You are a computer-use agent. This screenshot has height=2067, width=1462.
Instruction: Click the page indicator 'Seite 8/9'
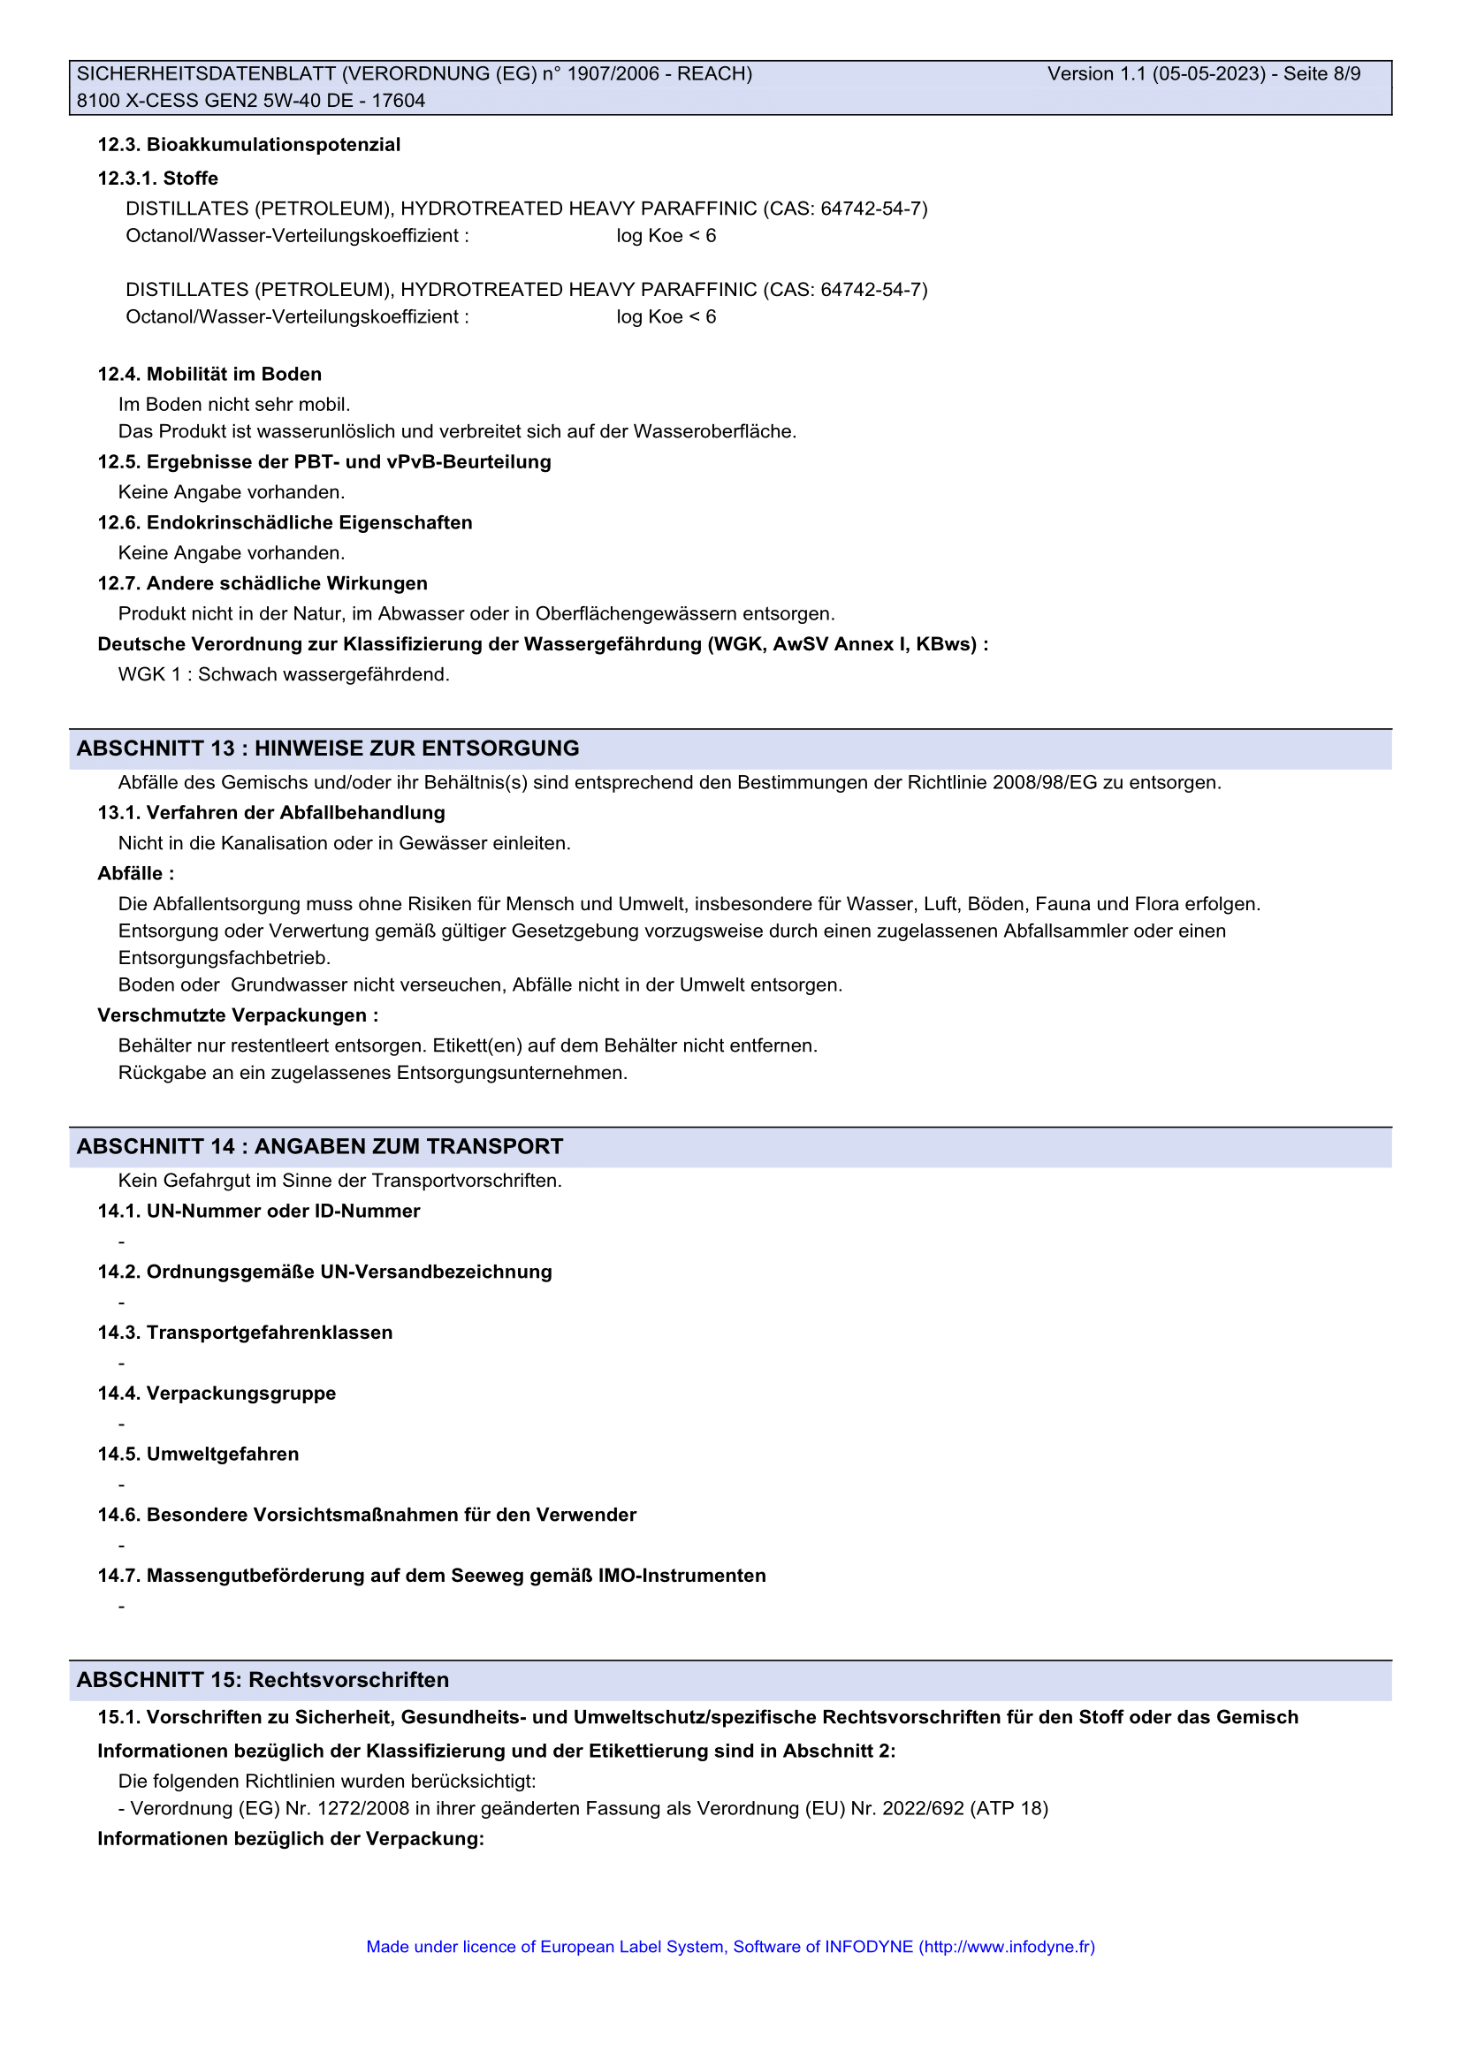(x=1321, y=74)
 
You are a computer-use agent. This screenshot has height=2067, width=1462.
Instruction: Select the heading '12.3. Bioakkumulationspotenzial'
(x=249, y=145)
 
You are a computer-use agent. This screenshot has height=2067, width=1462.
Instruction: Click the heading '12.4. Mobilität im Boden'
(x=209, y=375)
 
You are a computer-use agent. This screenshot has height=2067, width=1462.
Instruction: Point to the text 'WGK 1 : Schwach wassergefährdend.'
(x=284, y=674)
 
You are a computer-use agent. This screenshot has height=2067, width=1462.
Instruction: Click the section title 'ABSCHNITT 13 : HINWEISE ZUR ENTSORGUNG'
(x=328, y=749)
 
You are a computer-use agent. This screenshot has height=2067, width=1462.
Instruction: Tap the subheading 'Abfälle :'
(x=136, y=873)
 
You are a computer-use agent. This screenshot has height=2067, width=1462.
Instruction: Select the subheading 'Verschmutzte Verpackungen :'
(x=238, y=1015)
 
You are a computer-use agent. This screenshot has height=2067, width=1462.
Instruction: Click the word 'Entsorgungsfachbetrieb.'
(x=225, y=958)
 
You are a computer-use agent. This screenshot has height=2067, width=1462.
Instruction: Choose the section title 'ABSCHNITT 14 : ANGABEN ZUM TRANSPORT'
(x=320, y=1146)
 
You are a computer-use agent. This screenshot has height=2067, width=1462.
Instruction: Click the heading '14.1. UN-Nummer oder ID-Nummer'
(x=259, y=1211)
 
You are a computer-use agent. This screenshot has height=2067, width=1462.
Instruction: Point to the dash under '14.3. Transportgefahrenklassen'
(x=121, y=1364)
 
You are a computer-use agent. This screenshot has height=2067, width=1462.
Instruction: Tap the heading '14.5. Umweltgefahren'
(x=198, y=1454)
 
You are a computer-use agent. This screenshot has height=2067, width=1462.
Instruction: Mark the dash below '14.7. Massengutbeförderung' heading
(x=121, y=1607)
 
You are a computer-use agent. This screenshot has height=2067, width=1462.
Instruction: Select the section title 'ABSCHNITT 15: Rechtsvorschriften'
(x=263, y=1680)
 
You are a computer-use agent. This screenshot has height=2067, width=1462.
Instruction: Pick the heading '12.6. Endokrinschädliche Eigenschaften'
(x=285, y=523)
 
